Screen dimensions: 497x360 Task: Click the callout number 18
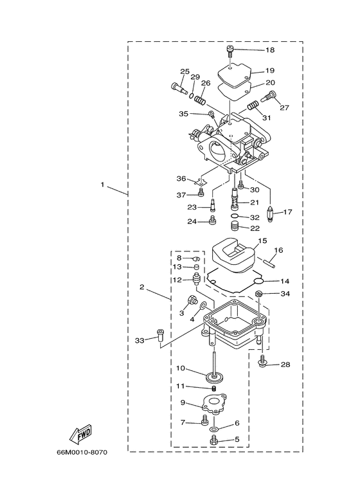point(269,50)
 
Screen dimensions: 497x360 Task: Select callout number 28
point(285,365)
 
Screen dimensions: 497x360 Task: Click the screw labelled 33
point(159,335)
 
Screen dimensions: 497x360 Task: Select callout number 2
point(141,287)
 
